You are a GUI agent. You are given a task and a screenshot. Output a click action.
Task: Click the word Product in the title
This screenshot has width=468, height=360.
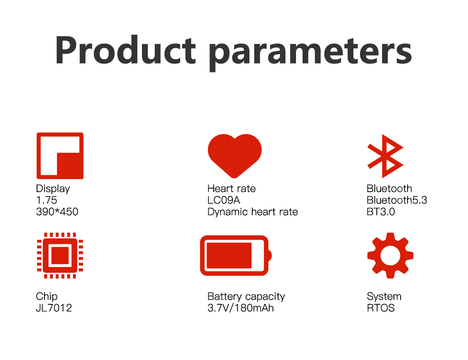pyautogui.click(x=126, y=50)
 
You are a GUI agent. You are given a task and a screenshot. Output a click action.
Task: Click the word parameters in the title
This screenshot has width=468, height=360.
pyautogui.click(x=310, y=54)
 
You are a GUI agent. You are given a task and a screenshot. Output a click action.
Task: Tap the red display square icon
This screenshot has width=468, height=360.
pyautogui.click(x=60, y=156)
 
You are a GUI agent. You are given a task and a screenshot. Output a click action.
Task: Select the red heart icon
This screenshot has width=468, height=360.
pyautogui.click(x=235, y=156)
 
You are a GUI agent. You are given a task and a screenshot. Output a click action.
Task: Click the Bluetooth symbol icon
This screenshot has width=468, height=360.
pyautogui.click(x=385, y=156)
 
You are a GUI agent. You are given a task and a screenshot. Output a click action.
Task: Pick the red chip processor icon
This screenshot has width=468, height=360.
pyautogui.click(x=60, y=256)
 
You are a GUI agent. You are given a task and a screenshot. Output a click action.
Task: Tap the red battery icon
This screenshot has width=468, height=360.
pyautogui.click(x=236, y=256)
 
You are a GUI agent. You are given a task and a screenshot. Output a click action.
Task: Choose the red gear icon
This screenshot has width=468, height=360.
pyautogui.click(x=390, y=256)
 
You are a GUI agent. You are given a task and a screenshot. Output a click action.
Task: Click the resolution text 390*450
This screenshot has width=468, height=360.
pyautogui.click(x=57, y=212)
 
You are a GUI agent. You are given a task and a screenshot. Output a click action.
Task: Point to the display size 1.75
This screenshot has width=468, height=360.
pyautogui.click(x=46, y=200)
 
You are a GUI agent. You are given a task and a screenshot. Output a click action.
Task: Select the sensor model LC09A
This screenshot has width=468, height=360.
pyautogui.click(x=223, y=200)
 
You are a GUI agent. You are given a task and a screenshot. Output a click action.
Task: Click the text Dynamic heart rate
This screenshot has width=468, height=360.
pyautogui.click(x=253, y=212)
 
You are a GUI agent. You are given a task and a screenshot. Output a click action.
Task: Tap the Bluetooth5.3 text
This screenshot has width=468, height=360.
pyautogui.click(x=397, y=200)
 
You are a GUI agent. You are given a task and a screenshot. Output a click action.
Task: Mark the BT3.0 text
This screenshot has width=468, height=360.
pyautogui.click(x=381, y=212)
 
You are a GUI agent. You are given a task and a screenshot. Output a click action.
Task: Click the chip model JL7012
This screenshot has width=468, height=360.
pyautogui.click(x=54, y=308)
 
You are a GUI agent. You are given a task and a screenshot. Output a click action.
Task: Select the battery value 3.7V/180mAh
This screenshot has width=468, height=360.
pyautogui.click(x=241, y=308)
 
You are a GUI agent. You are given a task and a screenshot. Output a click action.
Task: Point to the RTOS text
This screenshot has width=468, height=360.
pyautogui.click(x=381, y=308)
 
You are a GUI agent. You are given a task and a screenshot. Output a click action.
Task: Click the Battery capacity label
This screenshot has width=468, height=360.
pyautogui.click(x=246, y=297)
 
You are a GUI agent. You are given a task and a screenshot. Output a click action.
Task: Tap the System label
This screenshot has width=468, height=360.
pyautogui.click(x=384, y=297)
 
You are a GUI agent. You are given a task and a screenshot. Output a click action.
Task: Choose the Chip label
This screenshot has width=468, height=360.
pyautogui.click(x=46, y=297)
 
